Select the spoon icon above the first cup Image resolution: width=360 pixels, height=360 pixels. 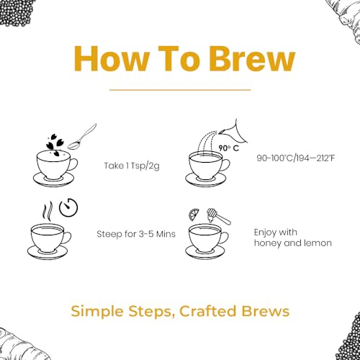tap(82, 138)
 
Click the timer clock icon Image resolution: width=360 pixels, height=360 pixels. tap(68, 207)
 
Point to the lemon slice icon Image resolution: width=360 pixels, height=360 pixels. tap(194, 214)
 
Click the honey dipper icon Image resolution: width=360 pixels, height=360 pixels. tap(218, 216)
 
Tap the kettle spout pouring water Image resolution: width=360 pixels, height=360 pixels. tap(233, 132)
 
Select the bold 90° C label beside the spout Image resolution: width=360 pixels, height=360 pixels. tap(229, 148)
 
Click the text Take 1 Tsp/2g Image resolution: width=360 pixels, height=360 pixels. tap(132, 166)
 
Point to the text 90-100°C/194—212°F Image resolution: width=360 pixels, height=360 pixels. tap(295, 158)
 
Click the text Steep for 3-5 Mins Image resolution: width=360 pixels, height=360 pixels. tap(136, 234)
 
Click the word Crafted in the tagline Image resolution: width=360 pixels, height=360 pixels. tap(208, 311)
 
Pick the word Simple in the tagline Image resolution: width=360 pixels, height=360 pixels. tap(98, 312)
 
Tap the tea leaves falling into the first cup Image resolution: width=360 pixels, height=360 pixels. tap(53, 145)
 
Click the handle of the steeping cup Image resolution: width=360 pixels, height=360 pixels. tap(68, 238)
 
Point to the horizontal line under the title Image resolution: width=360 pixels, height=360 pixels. tap(180, 90)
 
